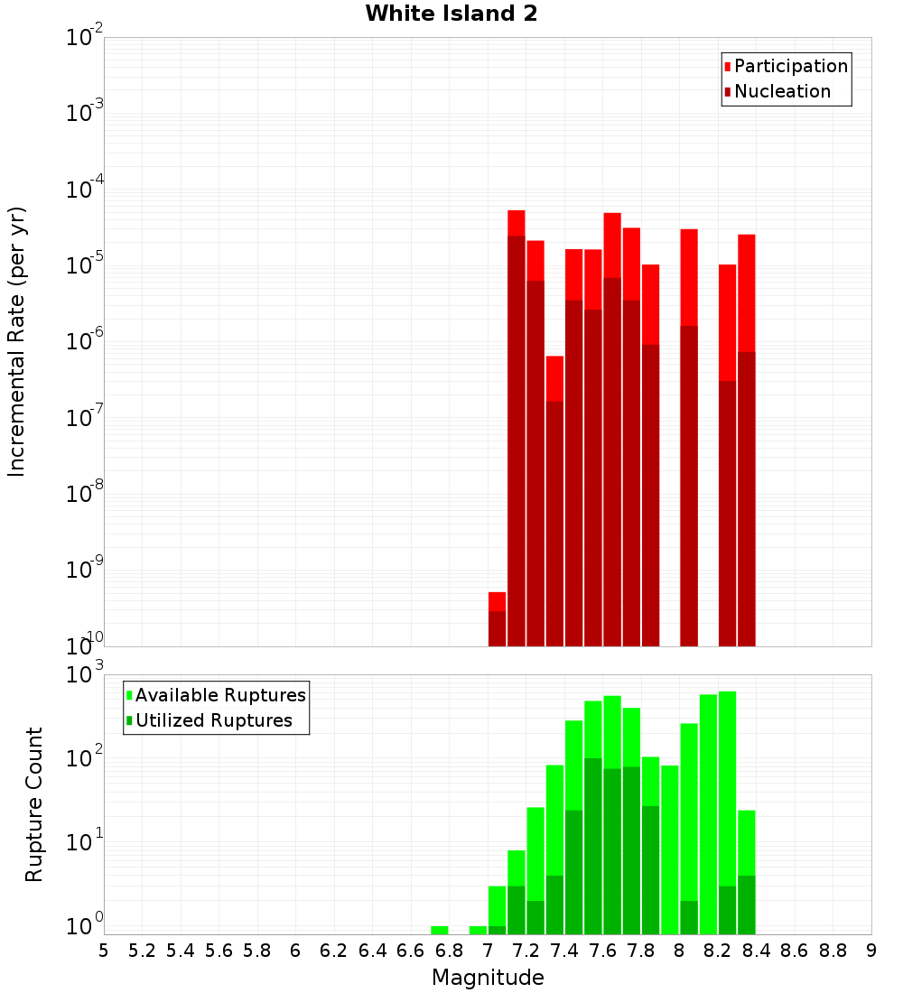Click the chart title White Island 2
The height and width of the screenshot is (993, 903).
[x=451, y=14]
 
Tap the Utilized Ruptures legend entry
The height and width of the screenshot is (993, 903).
[x=213, y=720]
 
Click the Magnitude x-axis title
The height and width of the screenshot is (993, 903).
[x=488, y=978]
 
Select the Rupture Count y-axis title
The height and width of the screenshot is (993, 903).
[x=34, y=804]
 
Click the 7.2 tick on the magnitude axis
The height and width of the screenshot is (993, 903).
[x=526, y=951]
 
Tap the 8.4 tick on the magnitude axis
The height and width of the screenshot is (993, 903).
[x=757, y=951]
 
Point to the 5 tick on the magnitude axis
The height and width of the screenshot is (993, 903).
[x=104, y=951]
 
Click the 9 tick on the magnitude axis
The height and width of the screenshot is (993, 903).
[x=871, y=951]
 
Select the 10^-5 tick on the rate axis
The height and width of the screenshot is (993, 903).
[x=85, y=264]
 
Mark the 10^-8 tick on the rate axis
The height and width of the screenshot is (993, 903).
[x=85, y=493]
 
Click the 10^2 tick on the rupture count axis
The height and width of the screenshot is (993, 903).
[x=87, y=757]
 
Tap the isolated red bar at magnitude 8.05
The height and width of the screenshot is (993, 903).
[x=689, y=433]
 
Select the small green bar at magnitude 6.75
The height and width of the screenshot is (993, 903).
[x=440, y=930]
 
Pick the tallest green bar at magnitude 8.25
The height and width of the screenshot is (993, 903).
[x=728, y=812]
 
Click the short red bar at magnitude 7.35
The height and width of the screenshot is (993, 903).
[x=554, y=496]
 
